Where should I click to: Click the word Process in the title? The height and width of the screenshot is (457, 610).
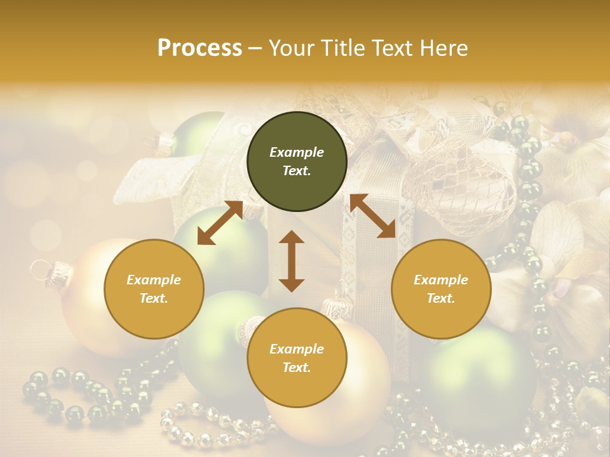click(200, 48)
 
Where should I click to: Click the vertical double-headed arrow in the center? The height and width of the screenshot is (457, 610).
click(292, 261)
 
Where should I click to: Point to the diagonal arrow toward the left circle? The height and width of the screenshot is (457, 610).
click(220, 223)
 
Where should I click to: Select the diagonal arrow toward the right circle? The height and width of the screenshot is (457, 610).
click(372, 216)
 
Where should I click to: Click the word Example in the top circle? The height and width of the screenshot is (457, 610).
click(297, 152)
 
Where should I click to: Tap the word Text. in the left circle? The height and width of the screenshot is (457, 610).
click(154, 298)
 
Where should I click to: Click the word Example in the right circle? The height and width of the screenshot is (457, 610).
click(441, 280)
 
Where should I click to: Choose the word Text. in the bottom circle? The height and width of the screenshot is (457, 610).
click(297, 368)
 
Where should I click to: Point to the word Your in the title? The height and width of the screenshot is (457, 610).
click(290, 48)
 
